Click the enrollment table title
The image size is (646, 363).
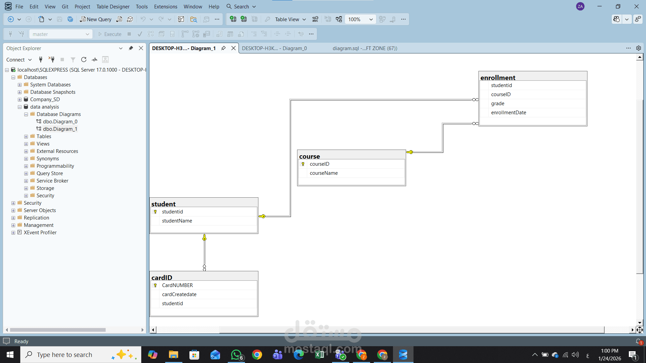click(498, 77)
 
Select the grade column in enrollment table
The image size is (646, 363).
click(498, 104)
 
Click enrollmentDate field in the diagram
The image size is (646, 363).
click(508, 113)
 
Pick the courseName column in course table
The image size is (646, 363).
click(324, 173)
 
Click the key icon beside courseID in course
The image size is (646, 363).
click(303, 164)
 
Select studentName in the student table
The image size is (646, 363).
click(177, 221)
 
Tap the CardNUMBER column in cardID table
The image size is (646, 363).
click(177, 285)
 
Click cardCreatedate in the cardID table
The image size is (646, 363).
click(179, 294)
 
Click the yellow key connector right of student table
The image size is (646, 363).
click(262, 216)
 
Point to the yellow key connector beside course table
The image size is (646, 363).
click(410, 152)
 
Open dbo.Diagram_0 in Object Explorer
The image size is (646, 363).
click(60, 122)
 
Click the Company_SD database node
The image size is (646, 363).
click(45, 99)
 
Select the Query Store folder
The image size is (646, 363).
click(49, 173)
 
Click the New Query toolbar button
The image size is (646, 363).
click(96, 19)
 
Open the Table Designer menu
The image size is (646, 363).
click(113, 6)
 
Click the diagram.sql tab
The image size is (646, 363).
click(365, 48)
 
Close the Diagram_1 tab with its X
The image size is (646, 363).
click(234, 48)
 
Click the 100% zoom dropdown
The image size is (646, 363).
click(360, 19)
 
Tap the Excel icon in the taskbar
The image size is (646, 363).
click(320, 355)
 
